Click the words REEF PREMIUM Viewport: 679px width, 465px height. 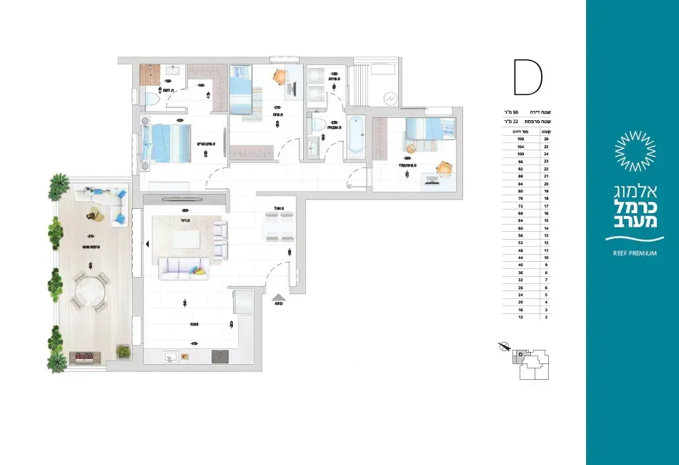pyautogui.click(x=635, y=253)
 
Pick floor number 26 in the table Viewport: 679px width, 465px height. pyautogui.click(x=546, y=139)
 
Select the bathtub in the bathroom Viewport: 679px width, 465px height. pyautogui.click(x=355, y=136)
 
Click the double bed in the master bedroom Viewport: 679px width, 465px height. pyautogui.click(x=167, y=143)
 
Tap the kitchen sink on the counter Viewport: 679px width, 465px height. pyautogui.click(x=172, y=356)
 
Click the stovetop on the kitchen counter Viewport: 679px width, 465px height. pyautogui.click(x=219, y=356)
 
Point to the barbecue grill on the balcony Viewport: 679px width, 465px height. pyautogui.click(x=84, y=356)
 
